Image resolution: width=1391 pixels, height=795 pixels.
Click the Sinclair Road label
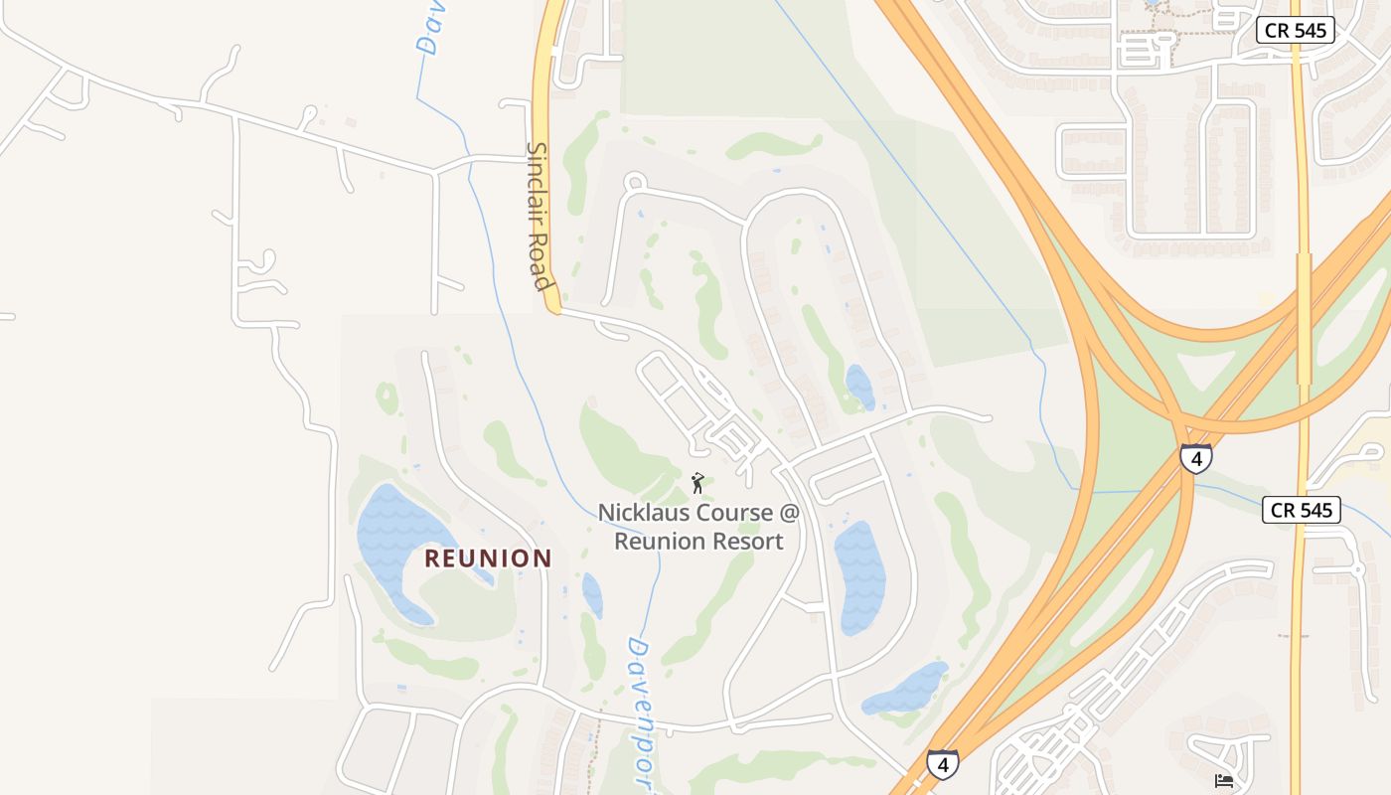[538, 216]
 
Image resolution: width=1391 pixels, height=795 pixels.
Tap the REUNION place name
[488, 558]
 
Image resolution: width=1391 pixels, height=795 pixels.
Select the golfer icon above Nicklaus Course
[697, 483]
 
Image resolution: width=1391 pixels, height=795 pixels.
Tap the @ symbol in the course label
[789, 514]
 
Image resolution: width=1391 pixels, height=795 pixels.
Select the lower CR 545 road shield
[1302, 511]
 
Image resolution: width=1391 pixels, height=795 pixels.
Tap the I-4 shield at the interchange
[1196, 459]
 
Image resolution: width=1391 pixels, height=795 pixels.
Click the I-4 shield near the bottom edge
[943, 764]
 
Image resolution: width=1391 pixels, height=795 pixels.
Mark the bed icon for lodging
[1224, 781]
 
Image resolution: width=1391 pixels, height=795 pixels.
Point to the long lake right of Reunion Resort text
[859, 576]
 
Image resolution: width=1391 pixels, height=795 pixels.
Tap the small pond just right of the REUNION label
[592, 594]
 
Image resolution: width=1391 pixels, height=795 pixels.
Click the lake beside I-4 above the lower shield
[906, 689]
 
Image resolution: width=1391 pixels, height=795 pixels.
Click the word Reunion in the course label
[658, 542]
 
